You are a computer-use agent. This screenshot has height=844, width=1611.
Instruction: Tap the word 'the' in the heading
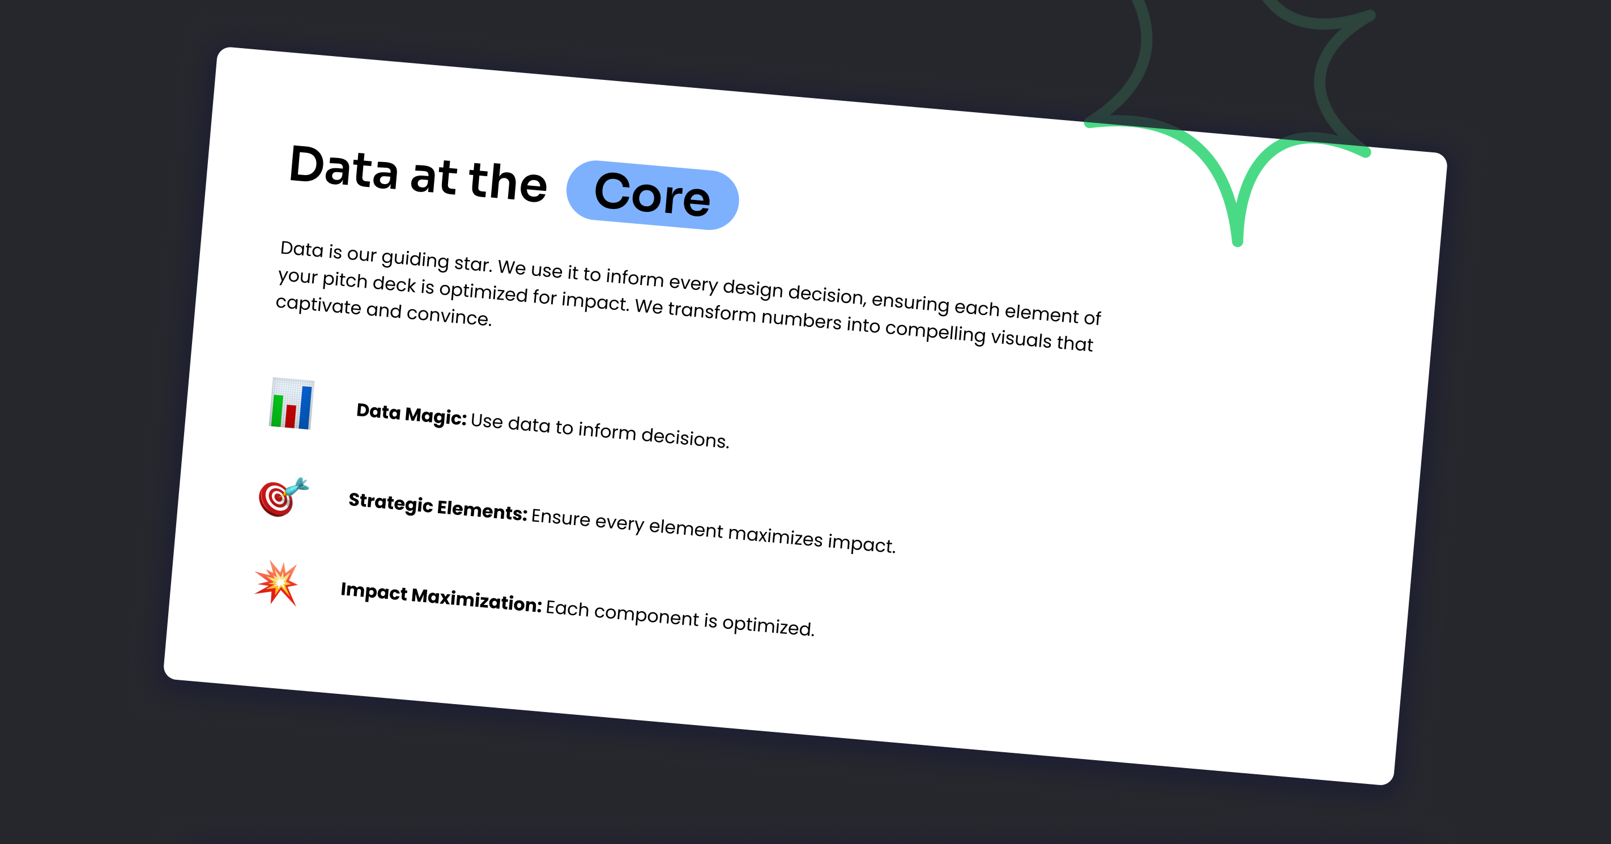(x=508, y=181)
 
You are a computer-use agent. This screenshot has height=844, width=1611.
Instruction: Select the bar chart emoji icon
(x=291, y=404)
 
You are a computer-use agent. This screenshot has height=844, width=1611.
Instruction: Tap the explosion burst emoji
(x=277, y=583)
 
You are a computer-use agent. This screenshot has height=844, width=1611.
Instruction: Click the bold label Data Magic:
(x=411, y=414)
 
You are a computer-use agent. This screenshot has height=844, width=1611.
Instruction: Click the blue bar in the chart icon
(x=305, y=408)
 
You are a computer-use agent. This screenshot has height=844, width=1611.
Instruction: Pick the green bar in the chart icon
(x=277, y=410)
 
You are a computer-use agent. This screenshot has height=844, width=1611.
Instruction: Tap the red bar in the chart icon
(x=290, y=416)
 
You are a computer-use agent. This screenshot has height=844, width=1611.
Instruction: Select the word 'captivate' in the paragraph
(x=318, y=305)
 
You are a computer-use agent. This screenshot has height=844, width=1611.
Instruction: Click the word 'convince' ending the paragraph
(x=449, y=316)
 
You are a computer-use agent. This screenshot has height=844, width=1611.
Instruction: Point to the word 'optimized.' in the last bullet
(x=768, y=626)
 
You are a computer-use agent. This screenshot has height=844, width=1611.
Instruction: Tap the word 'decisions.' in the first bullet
(x=685, y=436)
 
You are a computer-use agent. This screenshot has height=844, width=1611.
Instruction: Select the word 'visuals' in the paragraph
(x=1021, y=338)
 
